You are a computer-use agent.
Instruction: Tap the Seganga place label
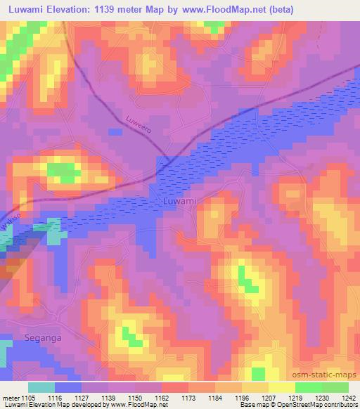click(32, 337)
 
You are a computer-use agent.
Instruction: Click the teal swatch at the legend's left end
click(41, 387)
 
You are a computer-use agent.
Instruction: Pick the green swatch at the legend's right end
click(335, 387)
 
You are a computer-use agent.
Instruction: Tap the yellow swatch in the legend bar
click(281, 387)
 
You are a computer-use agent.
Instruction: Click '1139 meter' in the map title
click(134, 10)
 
